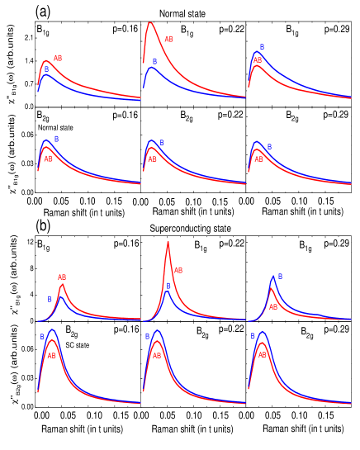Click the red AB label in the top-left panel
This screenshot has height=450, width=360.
coord(58,59)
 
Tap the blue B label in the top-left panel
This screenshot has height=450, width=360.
coord(47,70)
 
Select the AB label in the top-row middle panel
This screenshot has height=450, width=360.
coord(168,40)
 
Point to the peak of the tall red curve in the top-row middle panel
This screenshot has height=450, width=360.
coord(150,23)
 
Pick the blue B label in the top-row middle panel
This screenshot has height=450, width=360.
coord(154,61)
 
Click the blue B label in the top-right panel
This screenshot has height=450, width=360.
coord(262,47)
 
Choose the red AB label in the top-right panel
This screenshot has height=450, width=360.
coord(258,60)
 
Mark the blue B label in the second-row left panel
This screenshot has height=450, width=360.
coord(56,139)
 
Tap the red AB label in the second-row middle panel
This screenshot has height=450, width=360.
coord(152,159)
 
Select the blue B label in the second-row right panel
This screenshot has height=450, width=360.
coord(269,147)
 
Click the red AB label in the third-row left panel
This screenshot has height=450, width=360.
coord(62,277)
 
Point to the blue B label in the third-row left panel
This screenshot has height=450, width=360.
coord(50,299)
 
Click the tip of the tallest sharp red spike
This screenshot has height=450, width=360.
coord(168,242)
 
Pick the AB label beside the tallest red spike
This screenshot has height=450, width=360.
coord(178,270)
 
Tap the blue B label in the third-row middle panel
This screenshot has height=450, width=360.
coord(168,287)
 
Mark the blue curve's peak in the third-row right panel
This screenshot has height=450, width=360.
coord(272,277)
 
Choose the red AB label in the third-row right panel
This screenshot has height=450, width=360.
coord(273,307)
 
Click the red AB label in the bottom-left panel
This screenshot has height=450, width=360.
coord(51,356)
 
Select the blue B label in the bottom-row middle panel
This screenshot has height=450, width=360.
coord(147,336)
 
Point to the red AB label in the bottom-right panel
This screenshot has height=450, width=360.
coord(263,355)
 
